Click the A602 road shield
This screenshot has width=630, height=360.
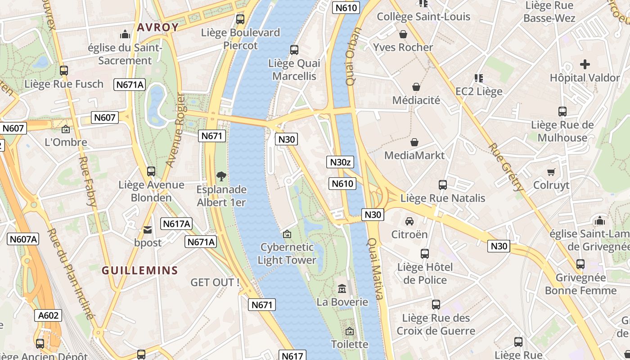point(48,315)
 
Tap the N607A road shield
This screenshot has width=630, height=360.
point(23,239)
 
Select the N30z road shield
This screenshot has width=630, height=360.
point(340,162)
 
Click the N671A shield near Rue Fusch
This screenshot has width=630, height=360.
point(130,84)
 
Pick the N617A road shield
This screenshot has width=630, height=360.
point(177,224)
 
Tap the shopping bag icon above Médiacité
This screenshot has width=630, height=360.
point(416,87)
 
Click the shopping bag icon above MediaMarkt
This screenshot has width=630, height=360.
point(414,142)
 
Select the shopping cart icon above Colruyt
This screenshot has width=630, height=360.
point(551,172)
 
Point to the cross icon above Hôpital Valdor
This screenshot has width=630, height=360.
point(585,64)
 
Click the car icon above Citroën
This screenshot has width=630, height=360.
point(409,221)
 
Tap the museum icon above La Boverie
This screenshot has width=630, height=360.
point(342,288)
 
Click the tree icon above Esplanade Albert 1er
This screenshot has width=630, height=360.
point(221,176)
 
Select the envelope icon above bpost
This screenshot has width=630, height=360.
point(148,230)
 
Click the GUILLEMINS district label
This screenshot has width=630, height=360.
point(140,270)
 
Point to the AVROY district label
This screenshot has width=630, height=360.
point(157,27)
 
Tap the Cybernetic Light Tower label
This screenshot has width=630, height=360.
point(287,253)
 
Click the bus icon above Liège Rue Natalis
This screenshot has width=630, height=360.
point(443,185)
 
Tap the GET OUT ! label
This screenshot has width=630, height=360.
point(215,283)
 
